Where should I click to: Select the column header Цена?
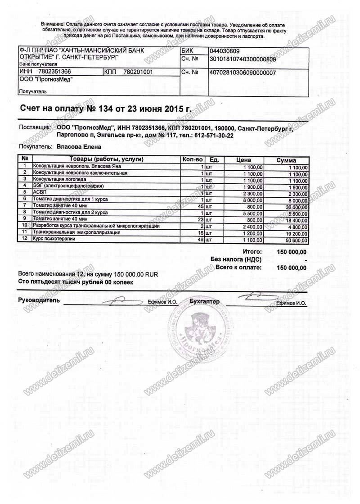click(x=243, y=160)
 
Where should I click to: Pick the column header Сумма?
click(x=286, y=160)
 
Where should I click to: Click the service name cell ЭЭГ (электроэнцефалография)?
click(x=69, y=186)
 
